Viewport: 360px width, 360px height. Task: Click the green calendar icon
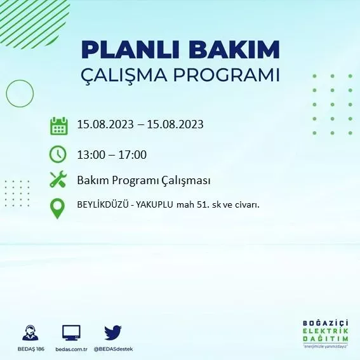(58, 125)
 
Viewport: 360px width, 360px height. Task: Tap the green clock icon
(58, 154)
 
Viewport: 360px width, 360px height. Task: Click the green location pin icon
(58, 208)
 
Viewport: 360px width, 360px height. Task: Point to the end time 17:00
(133, 154)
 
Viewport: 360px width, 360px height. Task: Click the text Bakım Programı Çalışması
(143, 180)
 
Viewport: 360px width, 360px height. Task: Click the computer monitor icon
(71, 333)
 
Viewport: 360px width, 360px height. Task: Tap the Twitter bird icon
(113, 333)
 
